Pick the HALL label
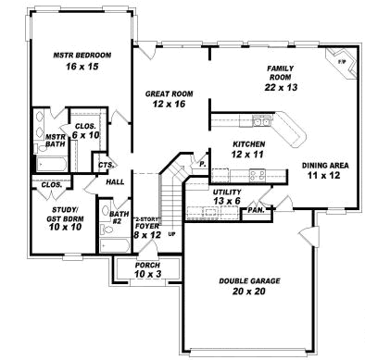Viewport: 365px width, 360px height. [116, 182]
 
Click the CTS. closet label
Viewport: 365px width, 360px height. [107, 166]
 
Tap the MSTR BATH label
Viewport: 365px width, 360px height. [54, 141]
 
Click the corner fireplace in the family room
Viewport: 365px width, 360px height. [339, 58]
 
